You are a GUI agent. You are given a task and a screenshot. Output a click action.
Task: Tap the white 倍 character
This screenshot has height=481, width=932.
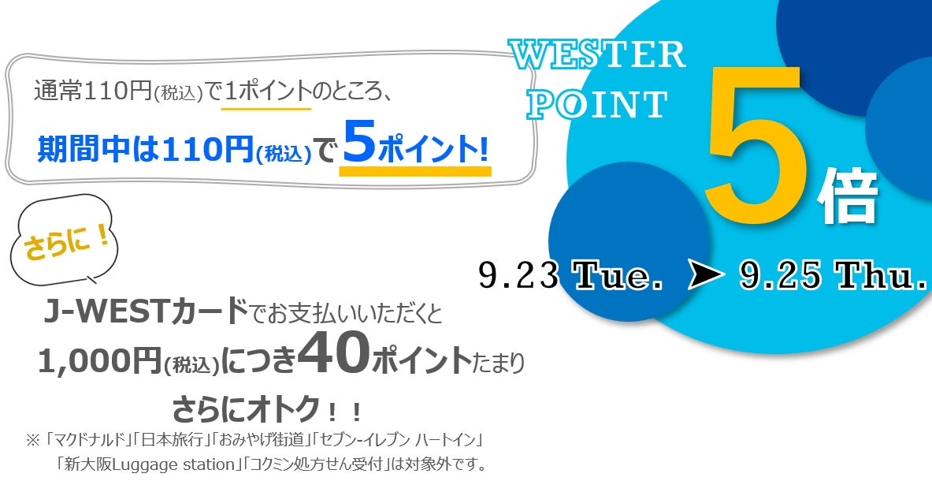848,197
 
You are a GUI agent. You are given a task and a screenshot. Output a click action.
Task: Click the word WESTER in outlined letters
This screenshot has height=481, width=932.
597,55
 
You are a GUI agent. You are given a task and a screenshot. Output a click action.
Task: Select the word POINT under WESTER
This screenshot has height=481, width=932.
597,105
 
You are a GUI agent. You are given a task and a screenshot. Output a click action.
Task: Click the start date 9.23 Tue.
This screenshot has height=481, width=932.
570,275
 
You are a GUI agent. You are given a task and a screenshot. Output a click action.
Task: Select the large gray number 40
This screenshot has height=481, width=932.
333,356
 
